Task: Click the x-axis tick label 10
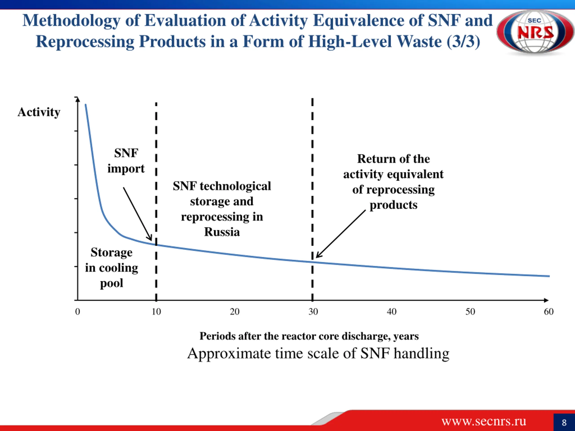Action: click(x=156, y=312)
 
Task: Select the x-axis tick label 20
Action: click(x=234, y=312)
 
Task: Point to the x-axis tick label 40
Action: click(x=391, y=312)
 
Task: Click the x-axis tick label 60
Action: click(x=549, y=312)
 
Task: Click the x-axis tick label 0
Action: click(x=77, y=312)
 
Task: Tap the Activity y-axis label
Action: click(x=39, y=112)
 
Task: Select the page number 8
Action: click(x=564, y=422)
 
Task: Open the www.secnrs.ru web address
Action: click(x=484, y=421)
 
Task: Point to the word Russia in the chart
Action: click(x=222, y=232)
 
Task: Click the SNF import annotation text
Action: click(x=126, y=161)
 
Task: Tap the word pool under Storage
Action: click(x=111, y=283)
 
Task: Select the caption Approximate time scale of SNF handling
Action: click(x=318, y=354)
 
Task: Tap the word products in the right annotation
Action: click(x=394, y=205)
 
